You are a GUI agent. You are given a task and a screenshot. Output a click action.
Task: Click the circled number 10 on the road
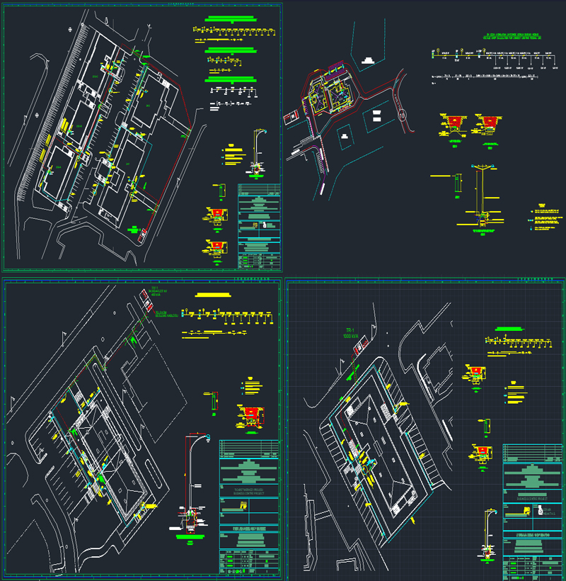pyautogui.click(x=403, y=114)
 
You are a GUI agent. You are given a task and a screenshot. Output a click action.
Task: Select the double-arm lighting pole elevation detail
pyautogui.click(x=482, y=191)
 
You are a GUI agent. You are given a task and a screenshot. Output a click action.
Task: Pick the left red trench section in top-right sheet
pyautogui.click(x=454, y=124)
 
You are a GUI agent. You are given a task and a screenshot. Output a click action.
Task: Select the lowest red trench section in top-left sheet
pyautogui.click(x=219, y=248)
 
